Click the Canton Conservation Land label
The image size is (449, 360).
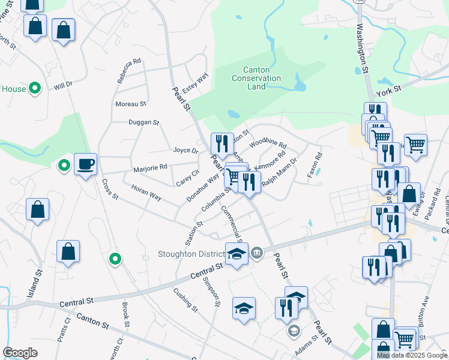(256, 78)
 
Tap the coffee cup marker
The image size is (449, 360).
(85, 164)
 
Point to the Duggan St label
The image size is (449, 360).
(143, 122)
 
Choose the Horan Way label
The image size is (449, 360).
(146, 192)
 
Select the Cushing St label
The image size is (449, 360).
(185, 299)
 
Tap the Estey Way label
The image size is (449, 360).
(195, 82)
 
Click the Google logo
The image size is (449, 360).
(20, 353)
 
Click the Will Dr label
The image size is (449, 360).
(62, 86)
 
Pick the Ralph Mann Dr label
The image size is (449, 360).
(279, 172)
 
